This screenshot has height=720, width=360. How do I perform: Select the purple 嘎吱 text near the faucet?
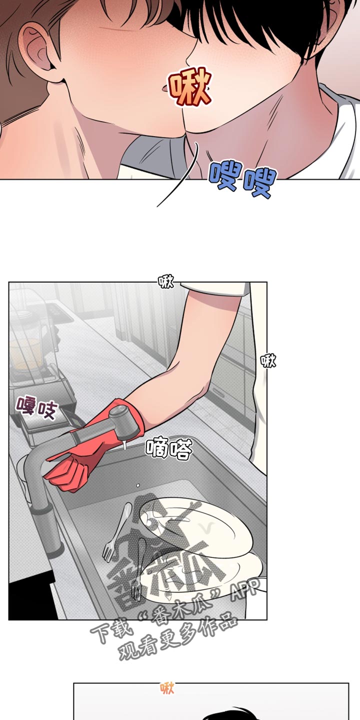[x=37, y=408]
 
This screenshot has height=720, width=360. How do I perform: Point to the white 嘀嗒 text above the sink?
[x=169, y=448]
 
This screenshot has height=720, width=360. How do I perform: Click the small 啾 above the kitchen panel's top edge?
[x=166, y=281]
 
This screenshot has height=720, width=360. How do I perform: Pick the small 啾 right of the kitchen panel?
[x=268, y=360]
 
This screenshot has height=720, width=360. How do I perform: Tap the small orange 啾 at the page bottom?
[x=167, y=688]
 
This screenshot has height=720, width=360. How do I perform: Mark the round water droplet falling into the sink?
[x=138, y=485]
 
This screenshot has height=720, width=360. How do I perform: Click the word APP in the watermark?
[x=246, y=588]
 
